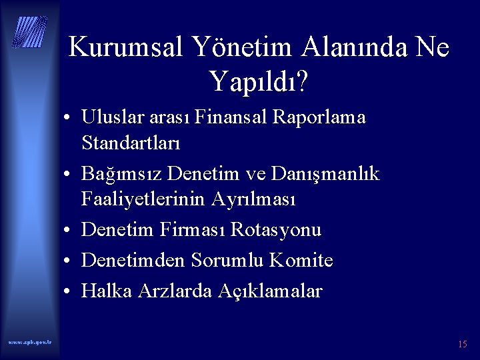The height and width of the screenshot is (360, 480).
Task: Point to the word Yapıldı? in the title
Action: [x=258, y=81]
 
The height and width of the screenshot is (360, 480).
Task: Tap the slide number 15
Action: [x=462, y=344]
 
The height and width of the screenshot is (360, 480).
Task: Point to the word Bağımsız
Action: [x=122, y=173]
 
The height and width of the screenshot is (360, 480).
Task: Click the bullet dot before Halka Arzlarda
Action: [x=69, y=292]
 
